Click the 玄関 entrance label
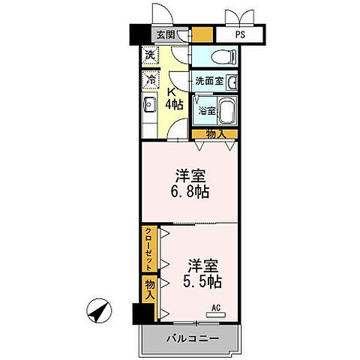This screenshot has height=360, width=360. click(x=166, y=34)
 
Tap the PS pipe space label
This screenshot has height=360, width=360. click(x=239, y=34)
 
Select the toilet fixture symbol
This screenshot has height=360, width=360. click(x=223, y=55)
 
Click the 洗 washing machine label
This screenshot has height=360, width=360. click(x=151, y=55)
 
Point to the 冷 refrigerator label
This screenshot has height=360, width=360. click(x=151, y=79)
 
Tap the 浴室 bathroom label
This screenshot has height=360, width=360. click(x=205, y=110)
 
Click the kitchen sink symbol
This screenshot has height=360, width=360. click(x=148, y=104)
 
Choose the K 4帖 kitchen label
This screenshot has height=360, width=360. click(x=174, y=97)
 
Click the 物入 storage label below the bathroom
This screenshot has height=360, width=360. click(x=214, y=133)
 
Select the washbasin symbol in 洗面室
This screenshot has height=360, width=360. click(x=232, y=82)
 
